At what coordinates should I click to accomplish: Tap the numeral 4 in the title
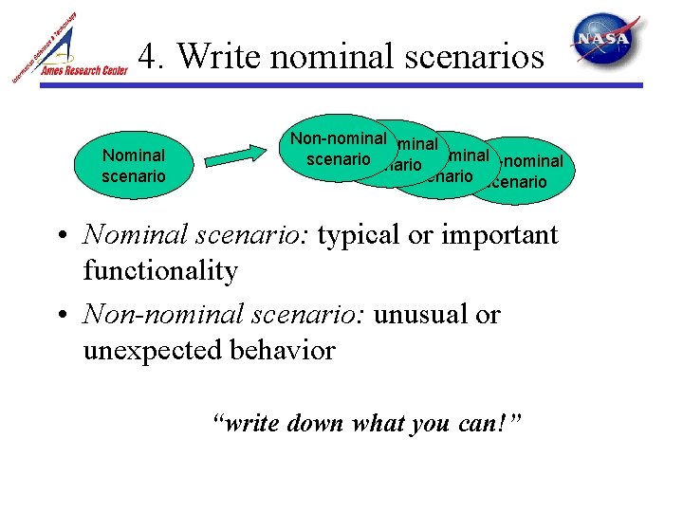[148, 57]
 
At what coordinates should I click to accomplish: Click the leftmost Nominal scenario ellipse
[134, 165]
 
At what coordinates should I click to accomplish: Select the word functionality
[160, 271]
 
